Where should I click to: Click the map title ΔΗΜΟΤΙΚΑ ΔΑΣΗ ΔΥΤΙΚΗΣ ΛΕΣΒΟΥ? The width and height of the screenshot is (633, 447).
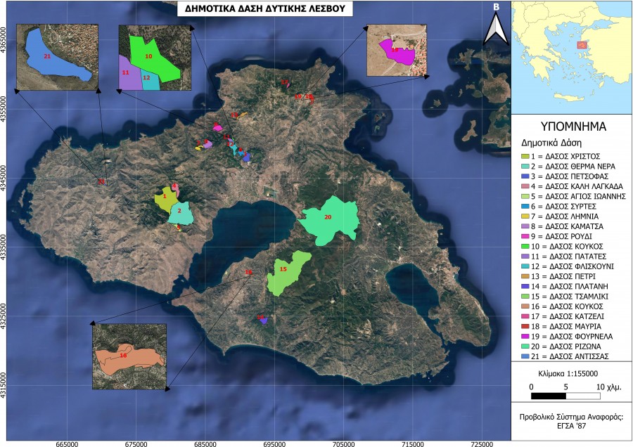[x=264, y=9]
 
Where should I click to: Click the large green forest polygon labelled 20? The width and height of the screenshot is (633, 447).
[x=331, y=219]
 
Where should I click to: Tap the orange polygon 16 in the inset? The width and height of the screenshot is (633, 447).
[x=127, y=358]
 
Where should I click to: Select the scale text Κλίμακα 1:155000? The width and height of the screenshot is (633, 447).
[x=570, y=373]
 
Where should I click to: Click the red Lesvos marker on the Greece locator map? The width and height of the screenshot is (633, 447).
[x=582, y=45]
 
